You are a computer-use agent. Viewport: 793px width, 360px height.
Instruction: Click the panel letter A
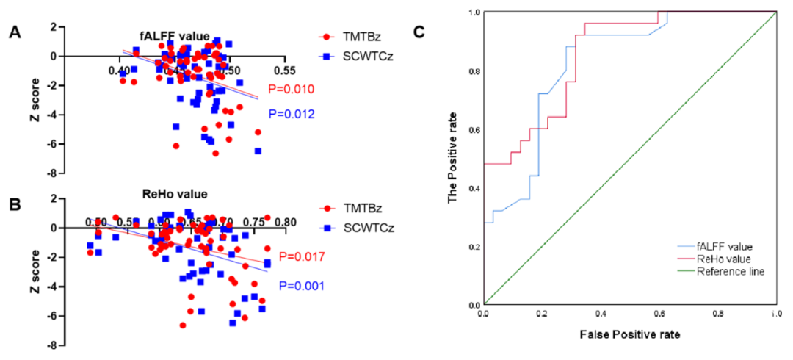(14, 34)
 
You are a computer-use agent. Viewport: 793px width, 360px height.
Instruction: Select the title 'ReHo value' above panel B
(174, 195)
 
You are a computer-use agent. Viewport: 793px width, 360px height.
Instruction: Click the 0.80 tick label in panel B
(285, 222)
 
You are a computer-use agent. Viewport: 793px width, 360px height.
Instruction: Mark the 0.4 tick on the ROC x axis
(600, 313)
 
